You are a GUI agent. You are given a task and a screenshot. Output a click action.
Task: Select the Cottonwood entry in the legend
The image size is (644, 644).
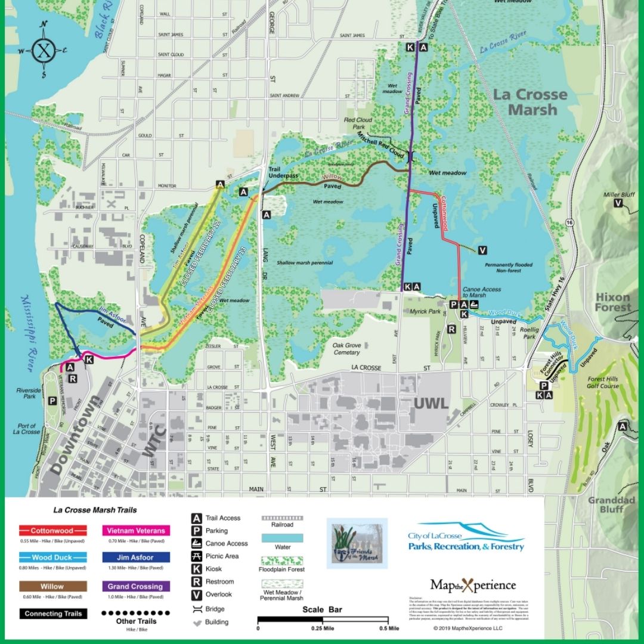pyautogui.click(x=52, y=530)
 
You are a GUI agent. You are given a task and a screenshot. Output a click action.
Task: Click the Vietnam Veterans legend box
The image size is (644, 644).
pyautogui.click(x=136, y=530)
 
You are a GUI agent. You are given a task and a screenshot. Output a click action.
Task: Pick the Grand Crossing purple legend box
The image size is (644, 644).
pyautogui.click(x=136, y=586)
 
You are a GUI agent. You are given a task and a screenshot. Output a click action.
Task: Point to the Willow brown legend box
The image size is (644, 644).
pyautogui.click(x=52, y=586)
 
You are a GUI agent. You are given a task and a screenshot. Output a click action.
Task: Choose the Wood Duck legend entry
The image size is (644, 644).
pyautogui.click(x=52, y=558)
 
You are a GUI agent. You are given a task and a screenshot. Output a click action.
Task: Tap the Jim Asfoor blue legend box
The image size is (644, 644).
pyautogui.click(x=136, y=558)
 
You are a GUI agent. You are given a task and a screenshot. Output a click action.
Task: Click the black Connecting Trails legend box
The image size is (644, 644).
pyautogui.click(x=52, y=614)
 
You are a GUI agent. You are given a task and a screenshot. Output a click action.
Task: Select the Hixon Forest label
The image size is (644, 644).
pyautogui.click(x=612, y=302)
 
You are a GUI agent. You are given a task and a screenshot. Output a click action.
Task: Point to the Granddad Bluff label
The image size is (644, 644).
pyautogui.click(x=612, y=504)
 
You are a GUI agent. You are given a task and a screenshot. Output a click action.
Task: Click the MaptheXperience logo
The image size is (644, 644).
pyautogui.click(x=472, y=585)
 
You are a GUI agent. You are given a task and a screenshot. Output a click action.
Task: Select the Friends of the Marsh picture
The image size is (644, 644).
pyautogui.click(x=357, y=543)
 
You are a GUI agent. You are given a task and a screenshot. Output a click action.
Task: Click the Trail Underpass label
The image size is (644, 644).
pyautogui.click(x=274, y=173)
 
